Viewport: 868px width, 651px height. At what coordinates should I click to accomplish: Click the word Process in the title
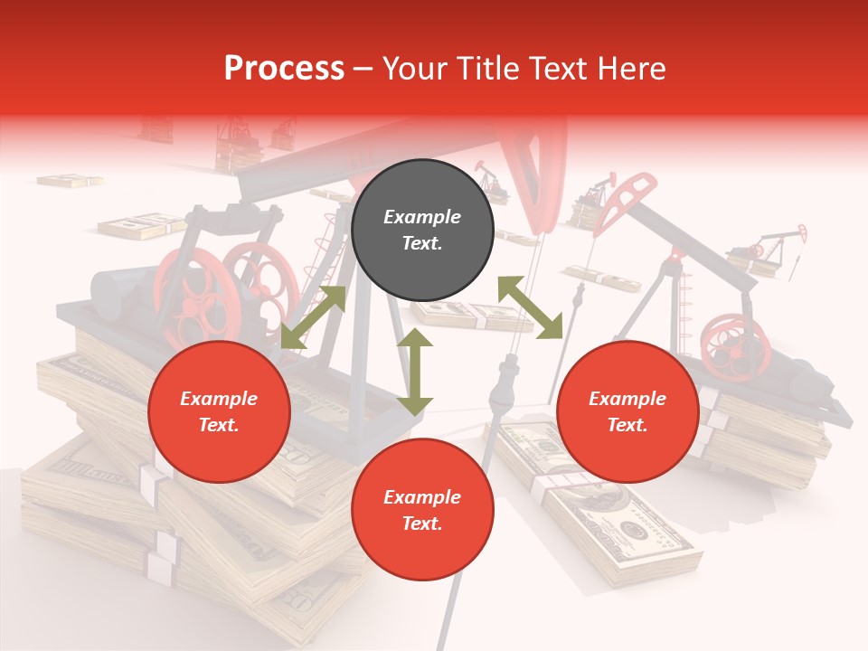(x=284, y=69)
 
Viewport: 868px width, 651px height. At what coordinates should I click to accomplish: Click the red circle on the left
(x=219, y=412)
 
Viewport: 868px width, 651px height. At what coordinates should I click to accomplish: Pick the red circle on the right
(x=627, y=412)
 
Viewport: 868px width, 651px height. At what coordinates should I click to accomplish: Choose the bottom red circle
(x=422, y=510)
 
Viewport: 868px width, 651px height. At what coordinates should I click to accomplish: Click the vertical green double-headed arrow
(x=415, y=373)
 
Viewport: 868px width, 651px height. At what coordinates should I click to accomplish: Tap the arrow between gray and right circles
(x=530, y=307)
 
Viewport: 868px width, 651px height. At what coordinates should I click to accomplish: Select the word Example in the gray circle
(x=422, y=217)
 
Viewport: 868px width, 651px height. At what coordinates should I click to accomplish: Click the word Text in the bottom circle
(x=422, y=524)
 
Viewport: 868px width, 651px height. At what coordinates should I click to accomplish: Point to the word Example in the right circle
(x=627, y=399)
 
